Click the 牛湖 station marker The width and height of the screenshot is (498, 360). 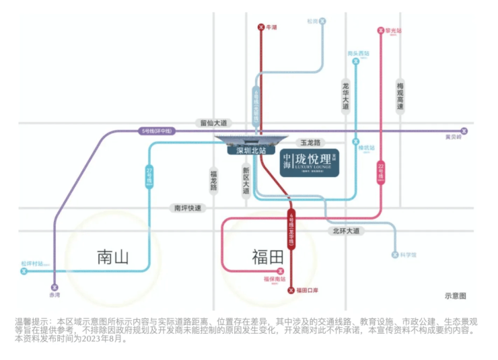[261, 28]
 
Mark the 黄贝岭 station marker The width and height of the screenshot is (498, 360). [463, 131]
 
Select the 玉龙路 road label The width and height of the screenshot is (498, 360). [311, 143]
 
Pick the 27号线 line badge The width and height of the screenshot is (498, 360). [149, 177]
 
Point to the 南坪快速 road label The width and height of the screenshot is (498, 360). [188, 209]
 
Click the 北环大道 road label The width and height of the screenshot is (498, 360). [346, 231]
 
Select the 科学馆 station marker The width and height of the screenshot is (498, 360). [395, 255]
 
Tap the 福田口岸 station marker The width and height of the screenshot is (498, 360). [291, 290]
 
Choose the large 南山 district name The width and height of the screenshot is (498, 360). [112, 256]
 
